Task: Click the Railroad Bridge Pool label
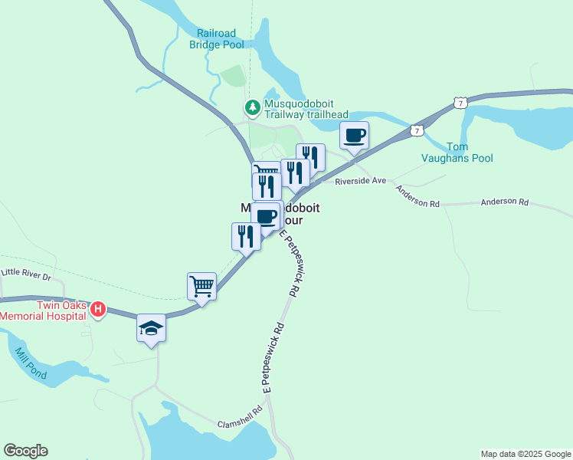coord(217,39)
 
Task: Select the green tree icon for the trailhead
coord(251,106)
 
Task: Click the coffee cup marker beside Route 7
coord(354,136)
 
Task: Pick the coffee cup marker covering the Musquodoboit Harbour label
coord(266,216)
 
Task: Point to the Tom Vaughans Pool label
coord(457,153)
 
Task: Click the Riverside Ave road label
coord(360,181)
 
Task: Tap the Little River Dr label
coord(26,273)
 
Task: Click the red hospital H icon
coord(98,310)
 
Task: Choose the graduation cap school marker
coord(151,328)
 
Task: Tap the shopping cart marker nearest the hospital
coord(201,287)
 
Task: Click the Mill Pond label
coord(31,364)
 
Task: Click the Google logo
coord(25,451)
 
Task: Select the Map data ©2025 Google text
coord(525,454)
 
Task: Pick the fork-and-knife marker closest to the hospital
coord(245,235)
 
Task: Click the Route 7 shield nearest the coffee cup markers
coord(415,130)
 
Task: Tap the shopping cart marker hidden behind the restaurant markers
coord(264,169)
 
